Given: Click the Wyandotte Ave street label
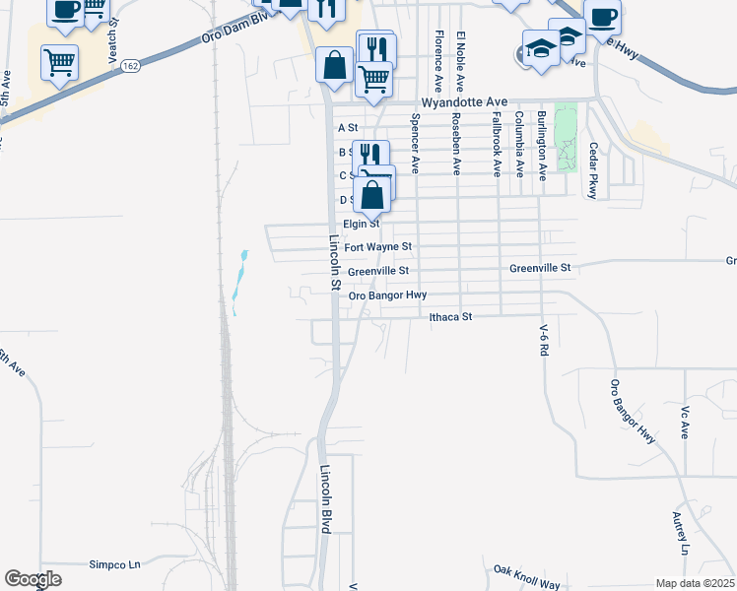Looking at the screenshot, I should coord(463,102).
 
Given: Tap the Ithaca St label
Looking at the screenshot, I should coord(451,317).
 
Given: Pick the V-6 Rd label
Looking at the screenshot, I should coord(543,341).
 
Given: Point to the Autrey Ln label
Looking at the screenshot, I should coord(680,532).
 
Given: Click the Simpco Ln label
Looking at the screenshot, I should coord(115,564).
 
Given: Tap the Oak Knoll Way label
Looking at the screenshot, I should coord(527,576).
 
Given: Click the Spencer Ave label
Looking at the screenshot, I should coord(416,143).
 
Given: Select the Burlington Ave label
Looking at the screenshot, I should coord(542,145).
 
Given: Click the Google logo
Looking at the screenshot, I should coord(33,579).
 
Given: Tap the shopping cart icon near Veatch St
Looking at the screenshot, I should coord(60,62).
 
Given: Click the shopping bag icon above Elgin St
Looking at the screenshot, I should coord(371,195).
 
